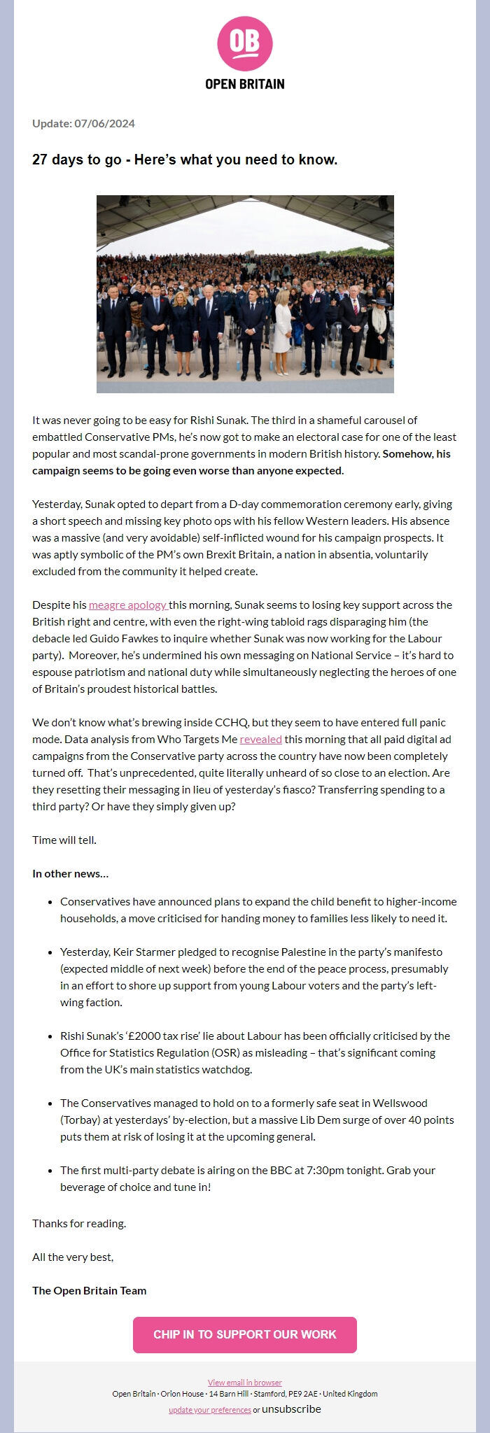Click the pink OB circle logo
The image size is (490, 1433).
(244, 45)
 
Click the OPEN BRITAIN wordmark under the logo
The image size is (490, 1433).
(244, 84)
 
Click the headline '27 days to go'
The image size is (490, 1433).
(185, 160)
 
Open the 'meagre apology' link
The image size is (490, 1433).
(127, 605)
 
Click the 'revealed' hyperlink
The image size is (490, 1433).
(260, 739)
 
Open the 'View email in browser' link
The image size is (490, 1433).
(244, 1382)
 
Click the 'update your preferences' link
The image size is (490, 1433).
(209, 1410)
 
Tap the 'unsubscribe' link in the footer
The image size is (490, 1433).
(291, 1409)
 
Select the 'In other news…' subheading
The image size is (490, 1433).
(70, 873)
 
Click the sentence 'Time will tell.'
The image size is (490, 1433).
(64, 840)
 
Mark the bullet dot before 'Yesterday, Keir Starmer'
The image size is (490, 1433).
(52, 952)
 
